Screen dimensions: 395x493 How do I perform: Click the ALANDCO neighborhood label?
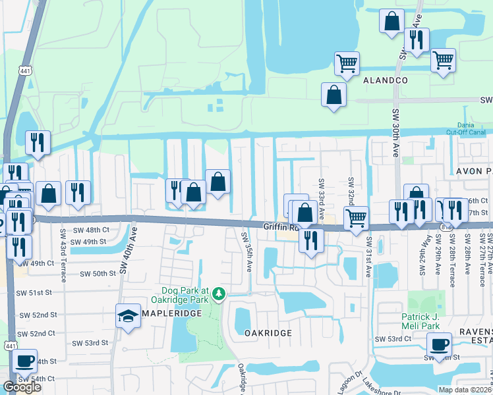point(386,80)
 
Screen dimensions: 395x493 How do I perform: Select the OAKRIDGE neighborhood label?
point(268,333)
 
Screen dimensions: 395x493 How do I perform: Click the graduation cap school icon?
point(127,316)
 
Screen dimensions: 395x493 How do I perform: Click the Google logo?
point(22,387)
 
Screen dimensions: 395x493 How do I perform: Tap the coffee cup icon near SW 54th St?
point(24,361)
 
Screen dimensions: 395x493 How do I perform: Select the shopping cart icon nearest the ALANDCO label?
point(347,63)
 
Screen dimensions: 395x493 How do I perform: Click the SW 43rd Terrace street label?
point(63,252)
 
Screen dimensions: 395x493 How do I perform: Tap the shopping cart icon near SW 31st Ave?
point(356,218)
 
